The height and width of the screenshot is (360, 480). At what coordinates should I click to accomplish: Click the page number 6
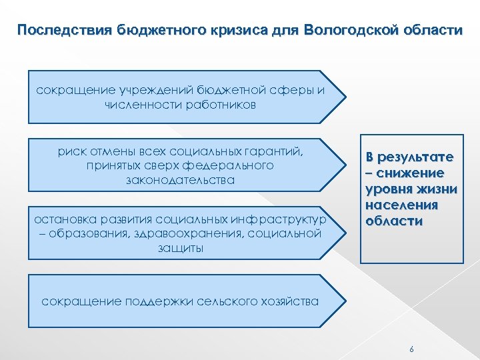pyautogui.click(x=411, y=349)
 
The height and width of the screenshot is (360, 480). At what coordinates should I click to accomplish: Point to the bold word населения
pyautogui.click(x=409, y=205)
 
